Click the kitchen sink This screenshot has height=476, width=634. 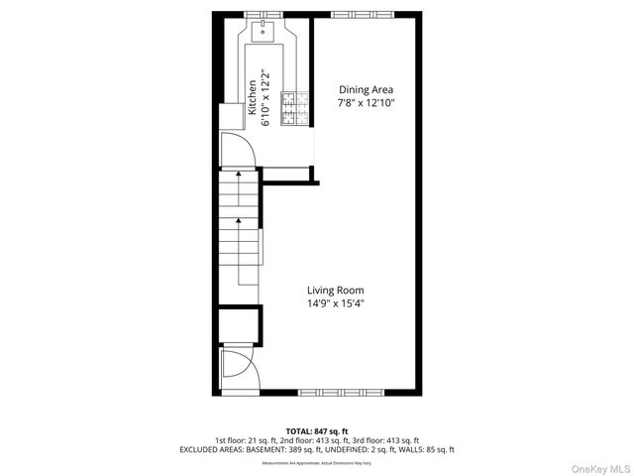pyautogui.click(x=264, y=32)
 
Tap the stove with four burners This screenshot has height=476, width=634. pyautogui.click(x=293, y=110)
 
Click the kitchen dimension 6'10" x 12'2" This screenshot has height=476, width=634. pyautogui.click(x=265, y=97)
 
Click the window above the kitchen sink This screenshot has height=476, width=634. pyautogui.click(x=264, y=13)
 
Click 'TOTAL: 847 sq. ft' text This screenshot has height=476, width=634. pyautogui.click(x=317, y=431)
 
